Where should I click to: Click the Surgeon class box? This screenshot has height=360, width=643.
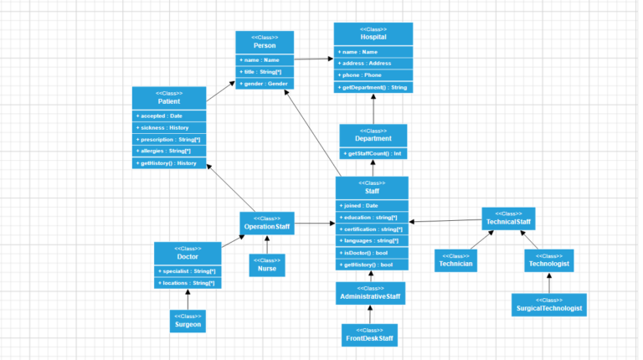click(188, 321)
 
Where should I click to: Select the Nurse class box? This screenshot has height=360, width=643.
click(267, 265)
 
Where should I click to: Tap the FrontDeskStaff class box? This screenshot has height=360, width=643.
click(369, 335)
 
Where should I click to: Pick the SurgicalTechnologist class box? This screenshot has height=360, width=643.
click(549, 305)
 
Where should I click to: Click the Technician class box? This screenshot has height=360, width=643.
click(456, 260)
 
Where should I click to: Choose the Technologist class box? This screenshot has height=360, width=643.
click(549, 260)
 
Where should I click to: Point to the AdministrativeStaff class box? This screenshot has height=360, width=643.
click(370, 293)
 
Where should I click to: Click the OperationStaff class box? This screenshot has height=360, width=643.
click(267, 223)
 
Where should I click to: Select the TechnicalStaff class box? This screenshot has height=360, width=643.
click(508, 219)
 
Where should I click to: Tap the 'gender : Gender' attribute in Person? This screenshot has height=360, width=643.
click(265, 84)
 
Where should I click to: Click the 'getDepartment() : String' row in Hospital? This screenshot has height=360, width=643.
click(373, 87)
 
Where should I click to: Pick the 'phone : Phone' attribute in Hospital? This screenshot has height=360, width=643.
click(373, 75)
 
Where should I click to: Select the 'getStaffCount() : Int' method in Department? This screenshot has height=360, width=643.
click(373, 153)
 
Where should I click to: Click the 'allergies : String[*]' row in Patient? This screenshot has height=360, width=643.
click(169, 151)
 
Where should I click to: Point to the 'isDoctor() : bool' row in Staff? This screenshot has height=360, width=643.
click(372, 252)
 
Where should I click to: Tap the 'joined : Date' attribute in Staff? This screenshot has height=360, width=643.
click(372, 205)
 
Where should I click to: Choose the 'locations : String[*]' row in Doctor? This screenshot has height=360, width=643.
click(188, 283)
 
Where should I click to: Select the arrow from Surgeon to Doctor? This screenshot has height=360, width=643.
click(188, 300)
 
